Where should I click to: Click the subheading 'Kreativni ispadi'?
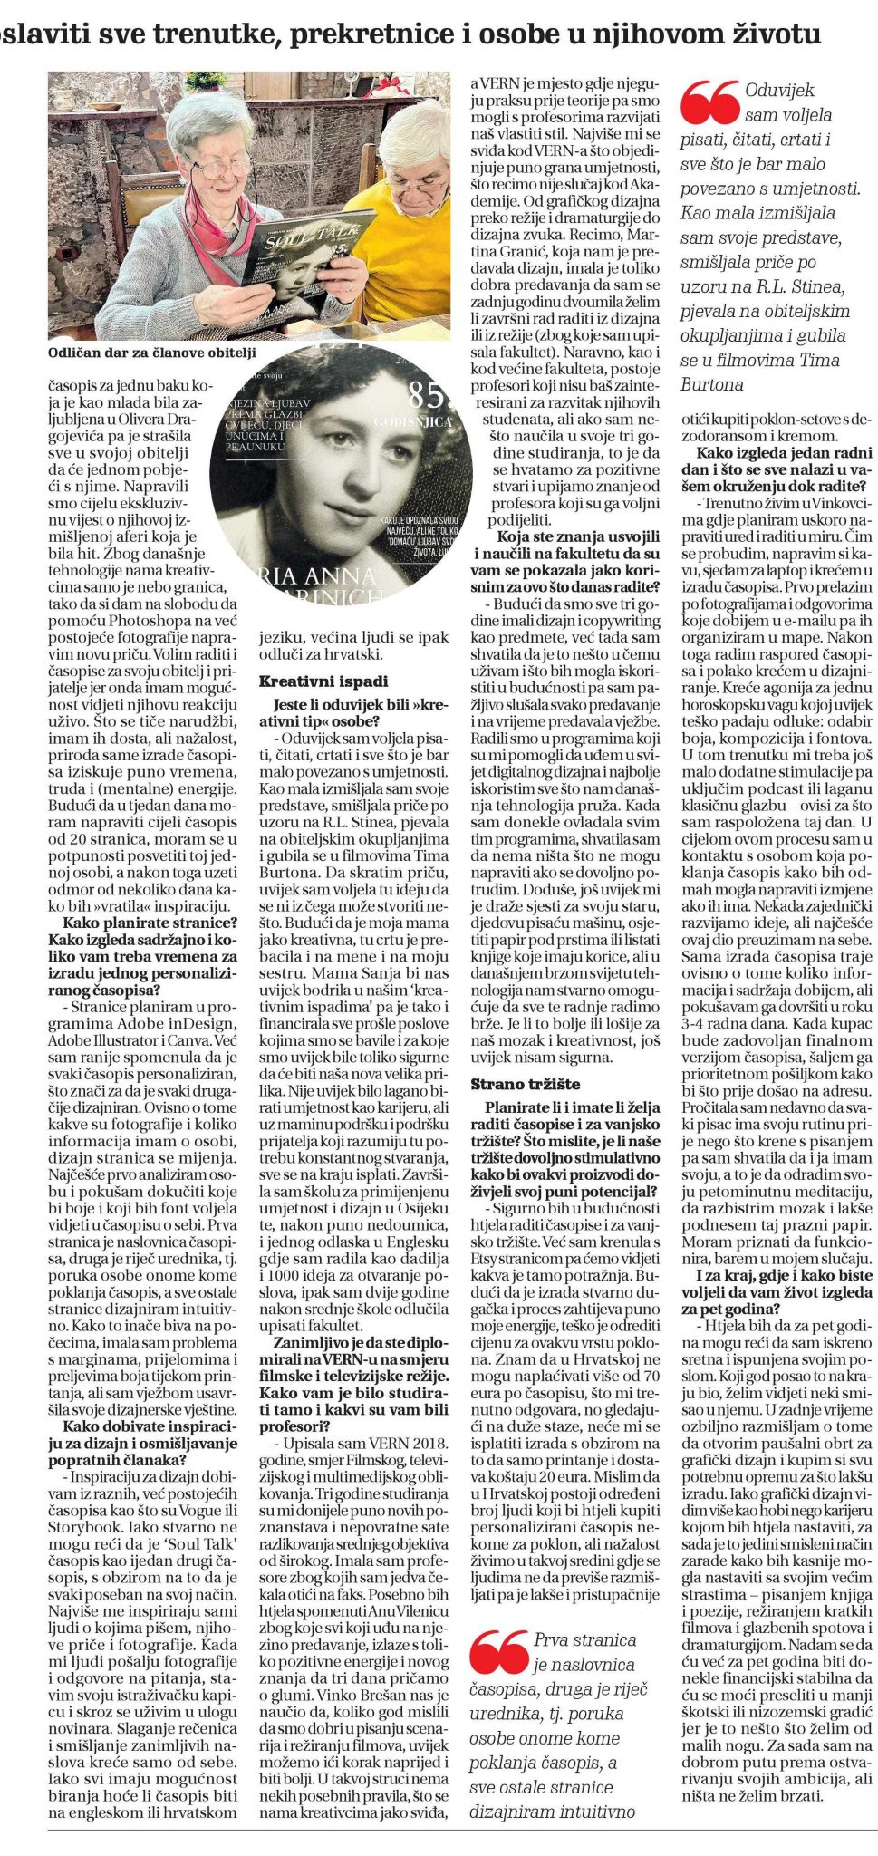click(x=323, y=681)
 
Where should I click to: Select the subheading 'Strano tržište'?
click(x=526, y=1084)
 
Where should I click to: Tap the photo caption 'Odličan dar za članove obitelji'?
click(x=152, y=353)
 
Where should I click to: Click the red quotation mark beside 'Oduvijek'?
click(x=709, y=102)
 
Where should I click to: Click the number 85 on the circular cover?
click(x=427, y=395)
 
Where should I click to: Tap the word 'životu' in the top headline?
click(x=771, y=34)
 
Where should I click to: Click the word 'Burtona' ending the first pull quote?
click(x=712, y=384)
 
